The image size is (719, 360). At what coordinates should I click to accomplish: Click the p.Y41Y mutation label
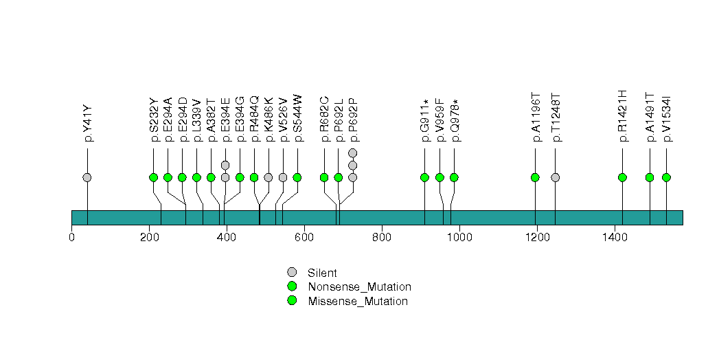[x=88, y=124]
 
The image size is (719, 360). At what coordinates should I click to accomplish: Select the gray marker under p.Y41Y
[x=87, y=177]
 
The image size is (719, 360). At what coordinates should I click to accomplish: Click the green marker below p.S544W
[x=297, y=177]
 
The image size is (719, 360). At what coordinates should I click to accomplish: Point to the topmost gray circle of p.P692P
[x=352, y=153]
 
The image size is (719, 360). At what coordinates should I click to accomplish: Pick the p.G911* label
[x=425, y=120]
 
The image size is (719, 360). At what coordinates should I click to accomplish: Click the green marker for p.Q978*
[x=454, y=177]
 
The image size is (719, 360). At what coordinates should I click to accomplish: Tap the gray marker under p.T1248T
[x=556, y=177]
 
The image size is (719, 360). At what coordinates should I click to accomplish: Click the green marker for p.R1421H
[x=622, y=177]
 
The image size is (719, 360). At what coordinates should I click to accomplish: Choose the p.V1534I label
[x=667, y=119]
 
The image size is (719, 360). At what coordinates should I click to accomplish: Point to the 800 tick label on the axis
[x=382, y=237]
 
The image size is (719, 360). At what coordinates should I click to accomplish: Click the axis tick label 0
[x=71, y=237]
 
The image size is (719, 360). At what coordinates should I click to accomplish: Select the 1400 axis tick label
[x=615, y=237]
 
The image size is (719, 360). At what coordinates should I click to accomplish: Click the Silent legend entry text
[x=322, y=273]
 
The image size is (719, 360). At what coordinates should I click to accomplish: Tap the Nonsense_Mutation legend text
[x=360, y=287]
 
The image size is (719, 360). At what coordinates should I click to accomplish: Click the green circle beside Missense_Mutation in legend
[x=292, y=301]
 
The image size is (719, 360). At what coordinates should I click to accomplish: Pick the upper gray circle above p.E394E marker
[x=225, y=165]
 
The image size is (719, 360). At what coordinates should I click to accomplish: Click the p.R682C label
[x=325, y=119]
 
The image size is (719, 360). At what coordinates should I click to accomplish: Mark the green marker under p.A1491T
[x=650, y=177]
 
